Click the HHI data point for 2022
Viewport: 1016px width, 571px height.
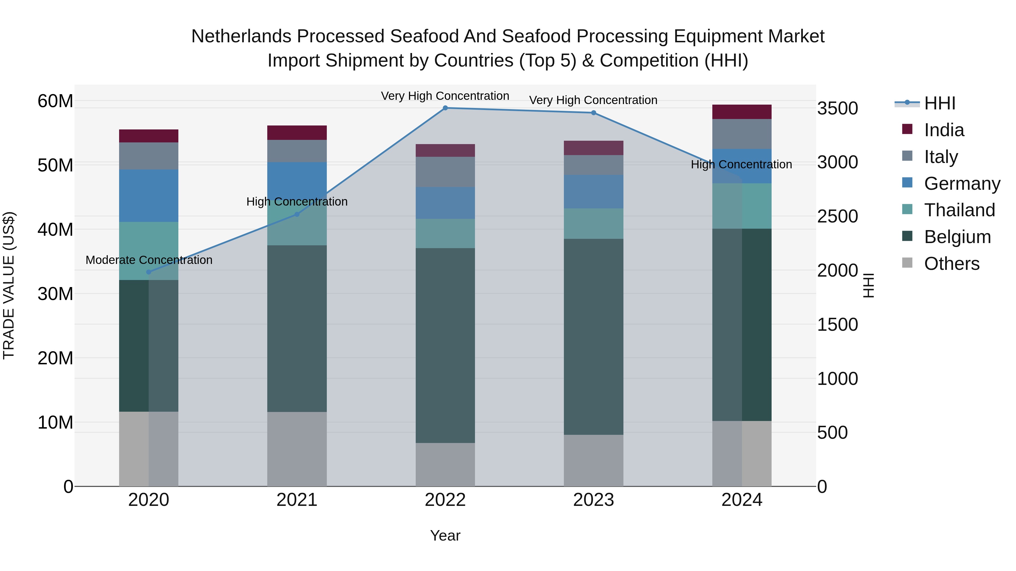click(x=445, y=108)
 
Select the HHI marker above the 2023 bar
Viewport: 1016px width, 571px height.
click(x=594, y=113)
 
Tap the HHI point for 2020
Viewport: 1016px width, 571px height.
click(x=149, y=272)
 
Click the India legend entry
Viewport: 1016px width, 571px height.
click(x=944, y=130)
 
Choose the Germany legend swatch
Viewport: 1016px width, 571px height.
click(x=907, y=183)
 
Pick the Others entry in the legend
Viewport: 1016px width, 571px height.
click(x=951, y=264)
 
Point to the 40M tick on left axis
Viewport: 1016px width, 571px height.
click(x=55, y=229)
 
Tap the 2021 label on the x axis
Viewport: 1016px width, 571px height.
click(x=297, y=500)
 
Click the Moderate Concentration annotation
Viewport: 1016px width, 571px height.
click(x=149, y=260)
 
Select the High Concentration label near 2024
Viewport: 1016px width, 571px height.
click(x=741, y=164)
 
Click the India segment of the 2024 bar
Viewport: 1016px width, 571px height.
click(x=742, y=112)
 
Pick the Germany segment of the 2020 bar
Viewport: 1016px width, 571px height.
click(x=149, y=196)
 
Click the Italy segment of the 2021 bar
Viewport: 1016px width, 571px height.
click(x=297, y=151)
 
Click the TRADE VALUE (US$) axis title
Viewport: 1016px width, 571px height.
click(x=9, y=285)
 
